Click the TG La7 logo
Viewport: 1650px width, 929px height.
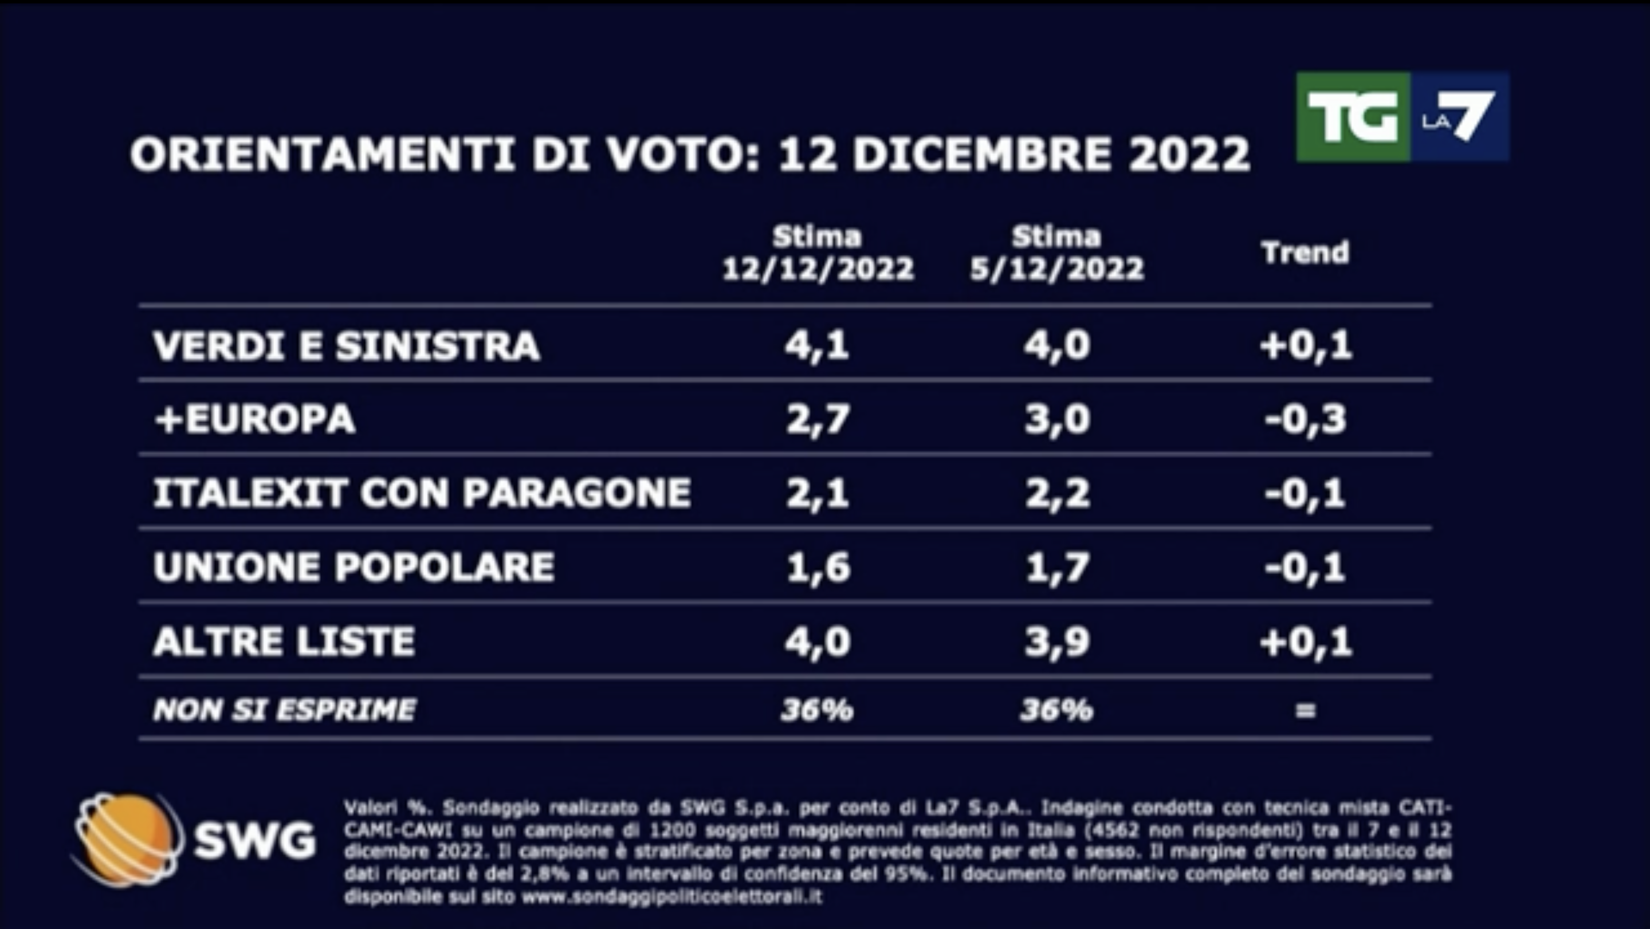click(1402, 116)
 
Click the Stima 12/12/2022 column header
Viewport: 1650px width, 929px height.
click(818, 254)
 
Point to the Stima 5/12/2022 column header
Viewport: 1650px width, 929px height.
click(1056, 254)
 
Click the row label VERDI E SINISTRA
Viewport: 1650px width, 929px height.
click(347, 347)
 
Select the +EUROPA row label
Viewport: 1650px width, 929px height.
click(255, 420)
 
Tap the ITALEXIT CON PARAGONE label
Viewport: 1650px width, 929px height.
click(422, 493)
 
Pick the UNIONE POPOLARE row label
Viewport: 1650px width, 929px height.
click(353, 567)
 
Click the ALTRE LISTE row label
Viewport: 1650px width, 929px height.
click(284, 641)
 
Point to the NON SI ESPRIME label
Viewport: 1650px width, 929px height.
click(284, 710)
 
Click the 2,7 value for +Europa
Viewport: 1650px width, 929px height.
click(818, 420)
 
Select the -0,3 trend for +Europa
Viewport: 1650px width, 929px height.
click(1306, 420)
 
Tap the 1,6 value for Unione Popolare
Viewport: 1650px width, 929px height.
click(818, 567)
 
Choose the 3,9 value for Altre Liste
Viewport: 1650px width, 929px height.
click(1057, 641)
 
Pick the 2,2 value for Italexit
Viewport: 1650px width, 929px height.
click(1057, 493)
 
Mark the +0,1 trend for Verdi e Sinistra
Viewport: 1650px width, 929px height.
click(1306, 347)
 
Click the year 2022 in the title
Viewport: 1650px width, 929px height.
click(1189, 154)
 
